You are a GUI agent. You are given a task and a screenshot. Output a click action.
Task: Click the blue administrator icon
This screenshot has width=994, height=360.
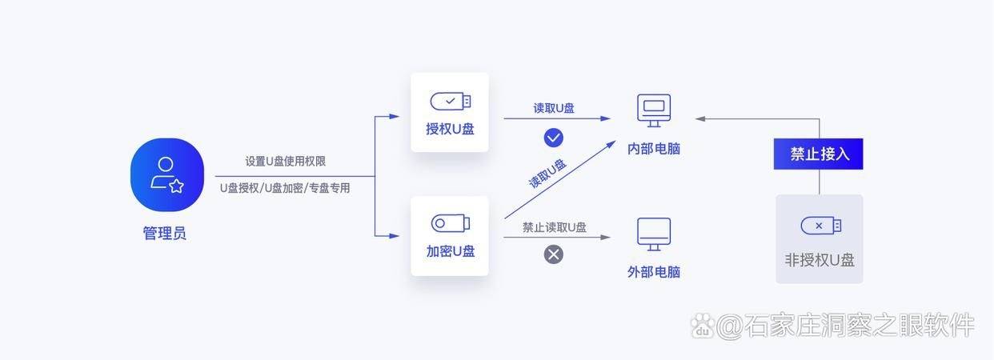click(x=167, y=175)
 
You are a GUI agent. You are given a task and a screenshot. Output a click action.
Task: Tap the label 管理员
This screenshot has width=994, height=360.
click(x=165, y=234)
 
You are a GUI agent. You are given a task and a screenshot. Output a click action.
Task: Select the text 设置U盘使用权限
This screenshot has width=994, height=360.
click(x=285, y=161)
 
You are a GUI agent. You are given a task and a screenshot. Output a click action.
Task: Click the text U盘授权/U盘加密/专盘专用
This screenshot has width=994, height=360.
click(x=285, y=188)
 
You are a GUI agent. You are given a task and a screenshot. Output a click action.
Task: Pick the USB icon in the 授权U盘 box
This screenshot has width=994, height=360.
click(x=450, y=102)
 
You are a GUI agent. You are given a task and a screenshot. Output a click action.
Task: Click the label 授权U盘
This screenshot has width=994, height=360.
click(x=450, y=129)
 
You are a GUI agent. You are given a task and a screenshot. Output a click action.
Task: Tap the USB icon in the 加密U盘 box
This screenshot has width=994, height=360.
click(x=450, y=223)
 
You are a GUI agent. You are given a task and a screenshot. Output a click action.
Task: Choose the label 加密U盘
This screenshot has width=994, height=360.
click(x=450, y=251)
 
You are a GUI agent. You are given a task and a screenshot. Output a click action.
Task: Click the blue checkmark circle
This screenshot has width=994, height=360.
click(x=553, y=138)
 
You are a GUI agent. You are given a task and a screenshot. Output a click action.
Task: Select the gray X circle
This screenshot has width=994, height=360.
click(x=553, y=254)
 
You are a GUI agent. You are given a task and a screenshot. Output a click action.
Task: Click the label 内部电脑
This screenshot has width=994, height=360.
click(x=654, y=148)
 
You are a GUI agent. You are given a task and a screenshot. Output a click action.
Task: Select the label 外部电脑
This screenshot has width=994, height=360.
click(x=654, y=272)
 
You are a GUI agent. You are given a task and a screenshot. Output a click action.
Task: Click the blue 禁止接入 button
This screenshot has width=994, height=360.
click(x=819, y=154)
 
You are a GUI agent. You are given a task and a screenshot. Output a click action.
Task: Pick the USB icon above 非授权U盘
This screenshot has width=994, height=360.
click(x=820, y=226)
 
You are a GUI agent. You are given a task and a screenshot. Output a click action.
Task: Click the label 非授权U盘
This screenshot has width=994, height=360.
click(x=820, y=260)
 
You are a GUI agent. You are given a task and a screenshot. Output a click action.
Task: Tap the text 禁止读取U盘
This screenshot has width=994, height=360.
click(x=554, y=227)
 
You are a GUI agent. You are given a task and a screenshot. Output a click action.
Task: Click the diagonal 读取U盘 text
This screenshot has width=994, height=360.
click(x=547, y=174)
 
